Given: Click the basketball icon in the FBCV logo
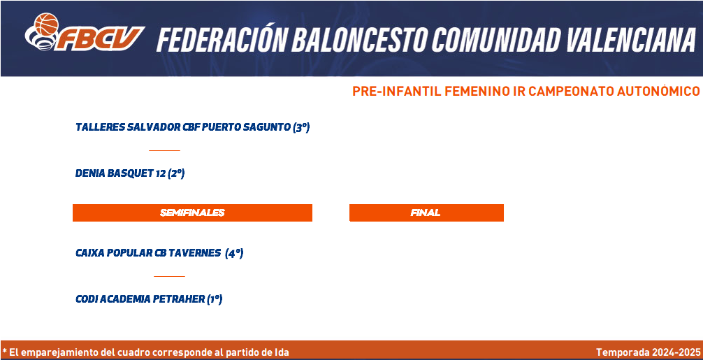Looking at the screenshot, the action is (47, 24).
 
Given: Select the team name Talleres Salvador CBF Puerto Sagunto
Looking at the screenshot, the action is (183, 127).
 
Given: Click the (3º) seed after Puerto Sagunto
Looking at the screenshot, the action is (301, 127).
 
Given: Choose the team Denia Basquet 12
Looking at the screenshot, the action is (121, 173).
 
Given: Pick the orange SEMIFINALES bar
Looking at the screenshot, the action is (192, 213).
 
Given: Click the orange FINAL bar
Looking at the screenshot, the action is (426, 213).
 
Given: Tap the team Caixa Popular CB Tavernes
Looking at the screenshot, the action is (148, 253).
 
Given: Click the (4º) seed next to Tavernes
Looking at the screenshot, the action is (235, 253).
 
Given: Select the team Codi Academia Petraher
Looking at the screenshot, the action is (140, 299).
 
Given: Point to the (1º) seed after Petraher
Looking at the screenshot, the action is (215, 299).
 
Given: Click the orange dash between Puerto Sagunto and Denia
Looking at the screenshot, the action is (164, 150).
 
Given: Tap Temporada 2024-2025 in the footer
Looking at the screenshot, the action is (648, 352).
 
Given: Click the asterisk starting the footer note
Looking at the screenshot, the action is (4, 351).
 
